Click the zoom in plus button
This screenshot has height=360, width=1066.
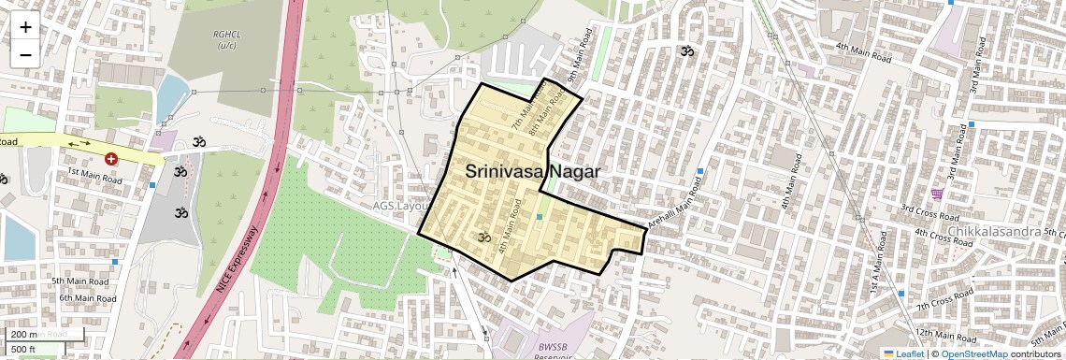click(x=25, y=27)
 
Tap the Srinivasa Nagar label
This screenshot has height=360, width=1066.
click(x=532, y=172)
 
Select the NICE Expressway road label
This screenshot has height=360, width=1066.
click(x=236, y=262)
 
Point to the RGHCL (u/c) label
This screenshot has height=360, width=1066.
click(x=226, y=39)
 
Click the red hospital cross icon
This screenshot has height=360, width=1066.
click(x=111, y=160)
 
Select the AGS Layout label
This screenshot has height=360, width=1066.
click(x=400, y=207)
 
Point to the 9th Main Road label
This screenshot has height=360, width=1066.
click(x=579, y=55)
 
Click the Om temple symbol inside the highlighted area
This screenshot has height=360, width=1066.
click(x=483, y=238)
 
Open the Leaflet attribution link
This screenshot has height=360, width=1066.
click(x=905, y=354)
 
